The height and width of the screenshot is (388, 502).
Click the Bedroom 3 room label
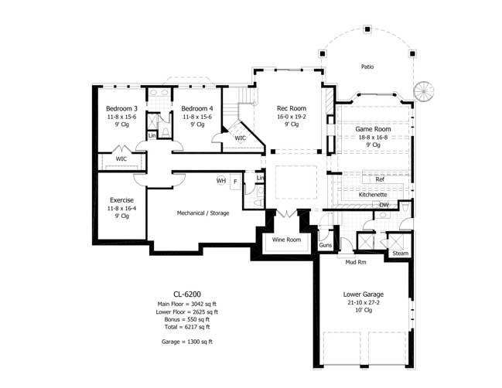click(122, 108)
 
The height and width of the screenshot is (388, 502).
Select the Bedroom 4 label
click(197, 108)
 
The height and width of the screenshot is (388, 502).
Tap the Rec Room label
click(292, 108)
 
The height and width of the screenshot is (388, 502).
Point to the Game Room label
click(371, 128)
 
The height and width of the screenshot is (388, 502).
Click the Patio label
click(367, 67)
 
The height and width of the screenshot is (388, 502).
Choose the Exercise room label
click(122, 200)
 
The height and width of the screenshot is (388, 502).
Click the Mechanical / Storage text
click(203, 213)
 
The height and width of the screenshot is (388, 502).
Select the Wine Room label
click(285, 240)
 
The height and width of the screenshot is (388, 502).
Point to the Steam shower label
click(400, 254)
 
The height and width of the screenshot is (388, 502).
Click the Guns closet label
click(325, 245)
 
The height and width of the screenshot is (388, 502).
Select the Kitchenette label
click(373, 195)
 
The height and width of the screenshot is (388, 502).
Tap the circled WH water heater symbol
click(221, 181)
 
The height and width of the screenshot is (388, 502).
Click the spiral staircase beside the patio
click(424, 90)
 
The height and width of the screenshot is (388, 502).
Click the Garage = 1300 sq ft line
click(186, 341)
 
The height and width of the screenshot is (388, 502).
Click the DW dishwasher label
click(384, 205)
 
